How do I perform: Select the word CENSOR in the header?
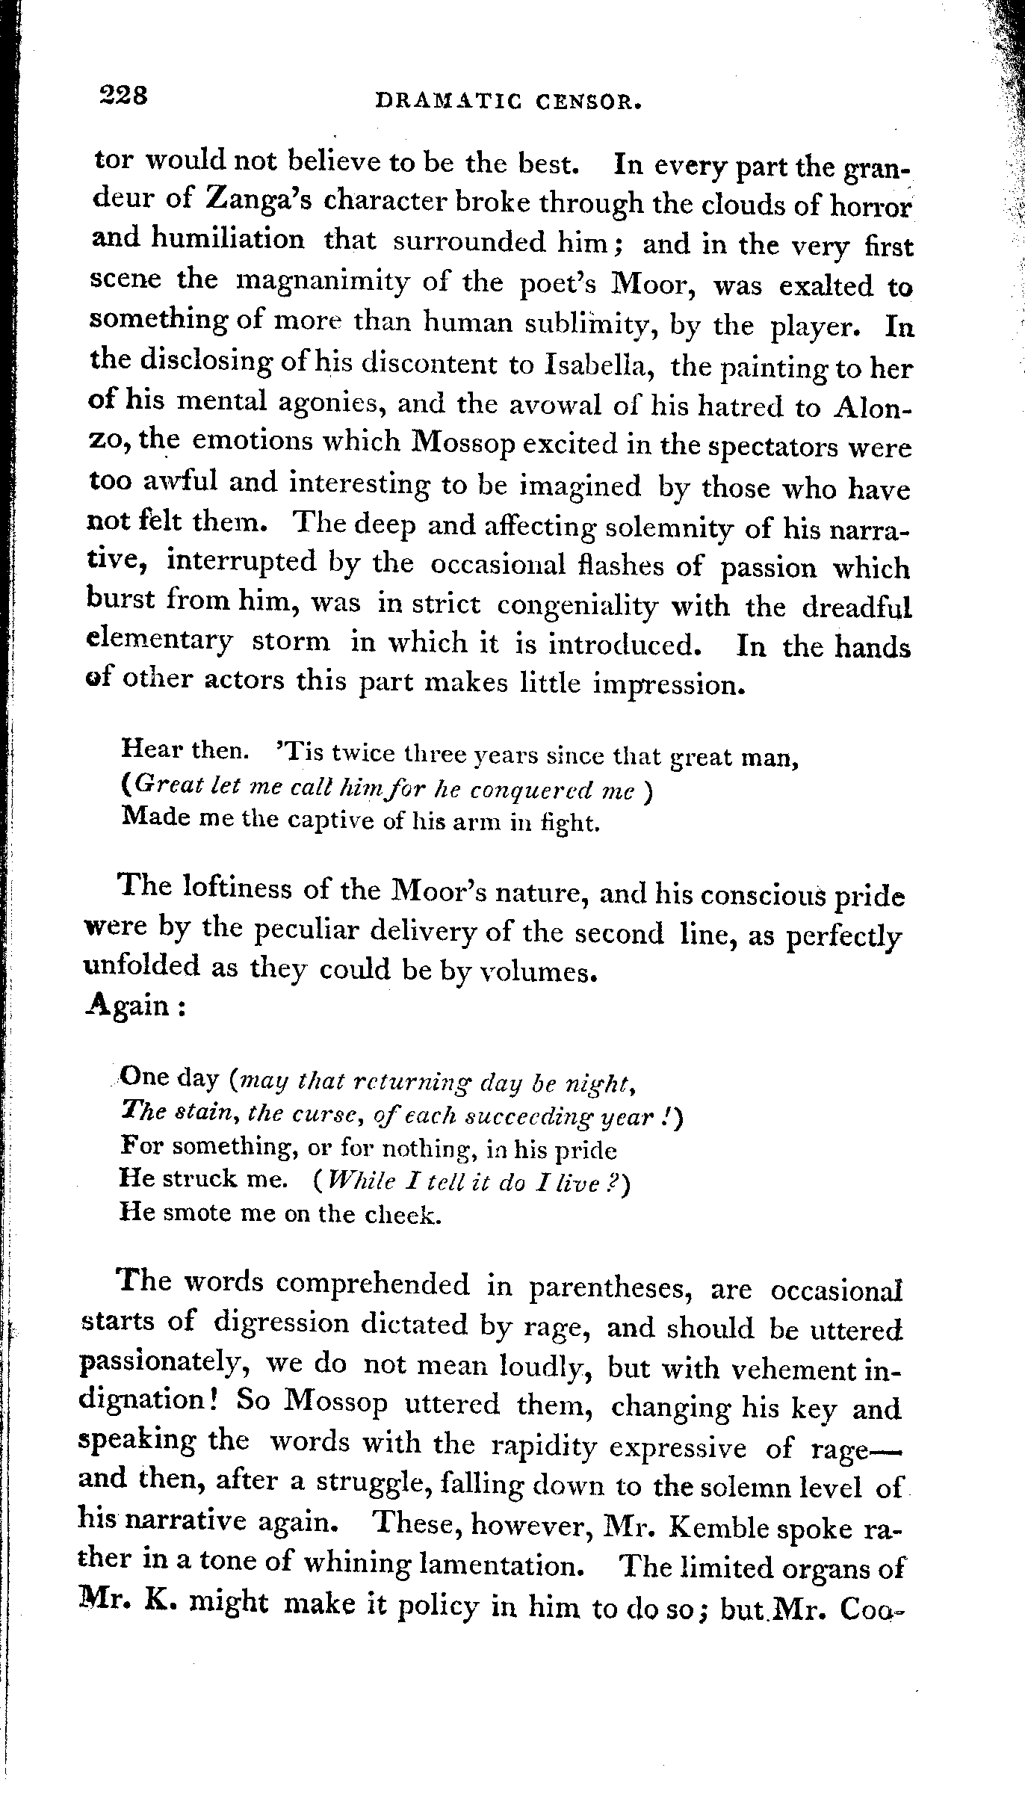click(589, 101)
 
